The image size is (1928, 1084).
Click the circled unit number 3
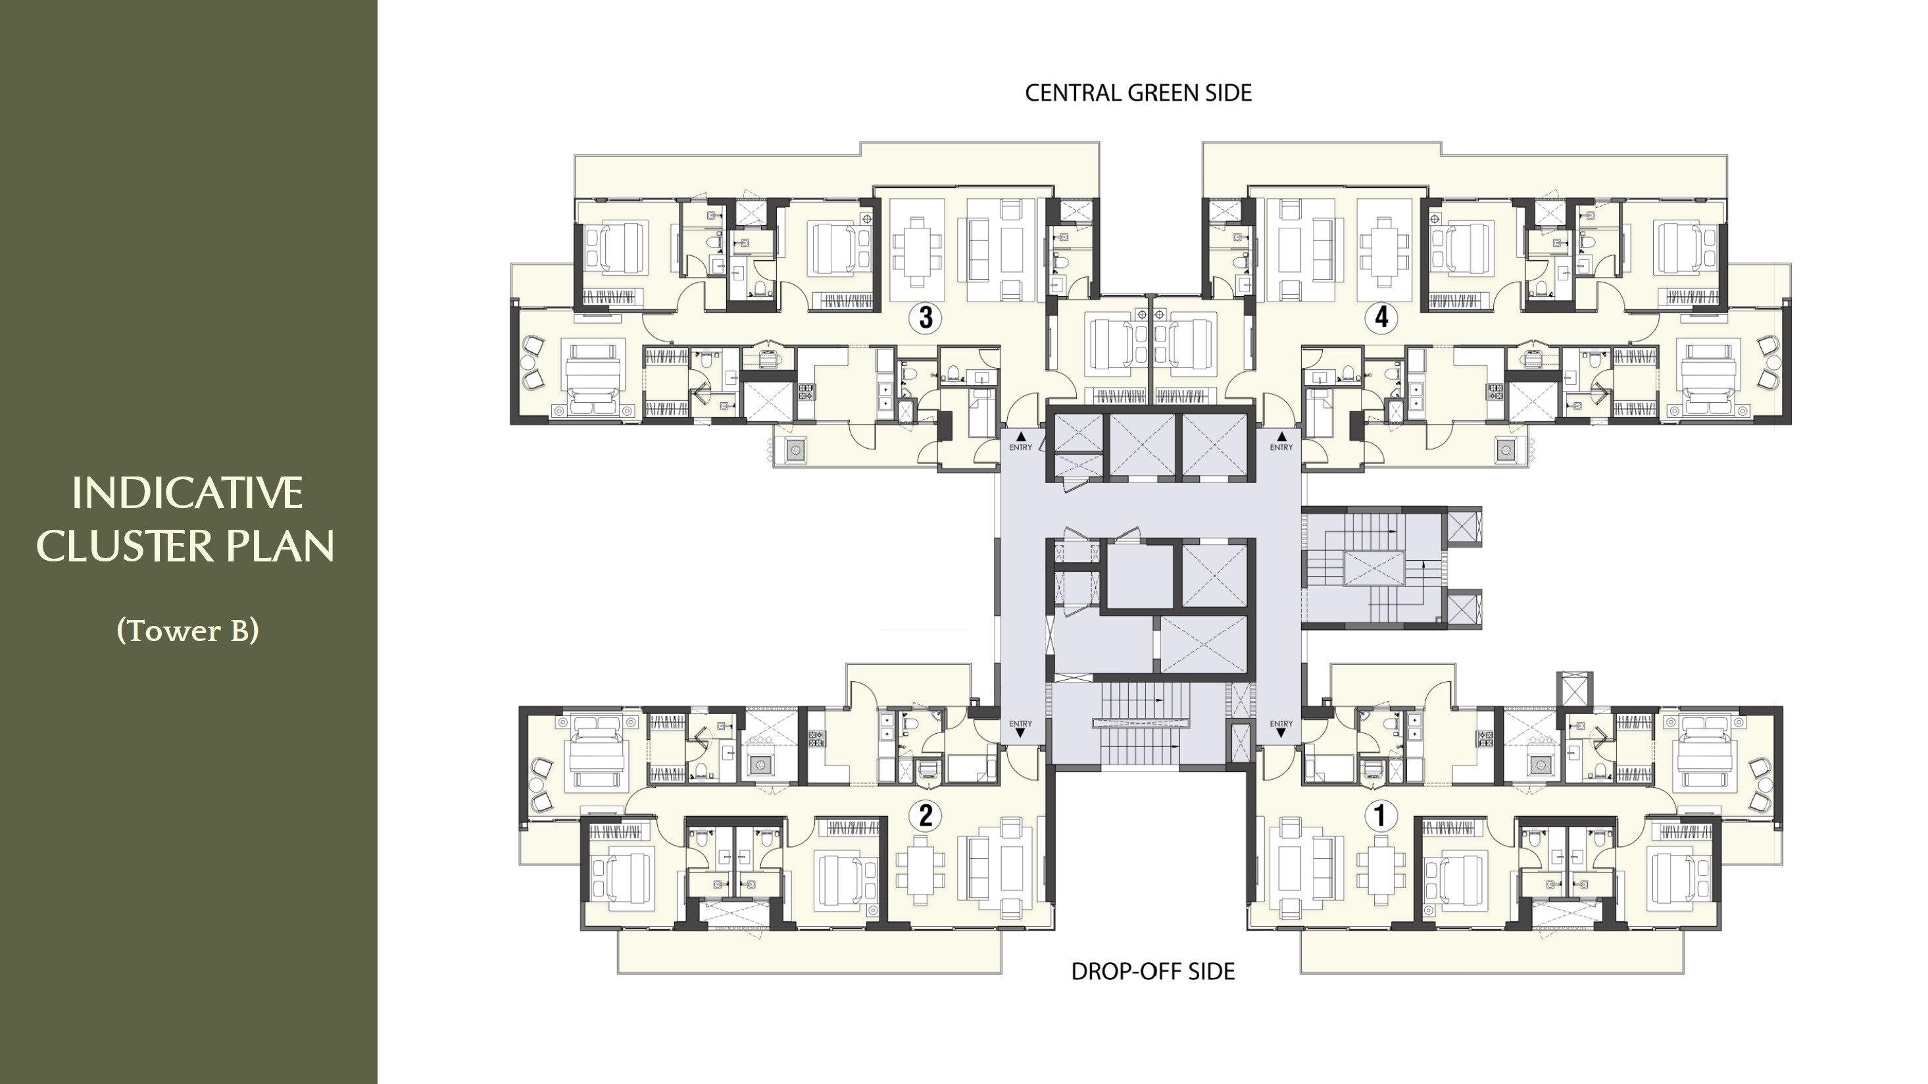tap(926, 317)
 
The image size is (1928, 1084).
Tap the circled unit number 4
tap(1381, 317)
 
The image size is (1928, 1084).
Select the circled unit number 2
tap(926, 815)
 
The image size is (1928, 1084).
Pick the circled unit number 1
tap(1381, 815)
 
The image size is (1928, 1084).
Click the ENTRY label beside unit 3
tap(1020, 448)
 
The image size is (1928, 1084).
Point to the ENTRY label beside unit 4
tap(1281, 448)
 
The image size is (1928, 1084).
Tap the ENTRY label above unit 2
tap(1020, 724)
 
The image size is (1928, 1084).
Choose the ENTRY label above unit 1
tap(1281, 724)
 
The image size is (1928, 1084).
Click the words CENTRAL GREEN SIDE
tap(1137, 93)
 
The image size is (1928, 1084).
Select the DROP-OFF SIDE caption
tap(1152, 971)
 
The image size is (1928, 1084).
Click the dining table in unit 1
tap(1381, 870)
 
